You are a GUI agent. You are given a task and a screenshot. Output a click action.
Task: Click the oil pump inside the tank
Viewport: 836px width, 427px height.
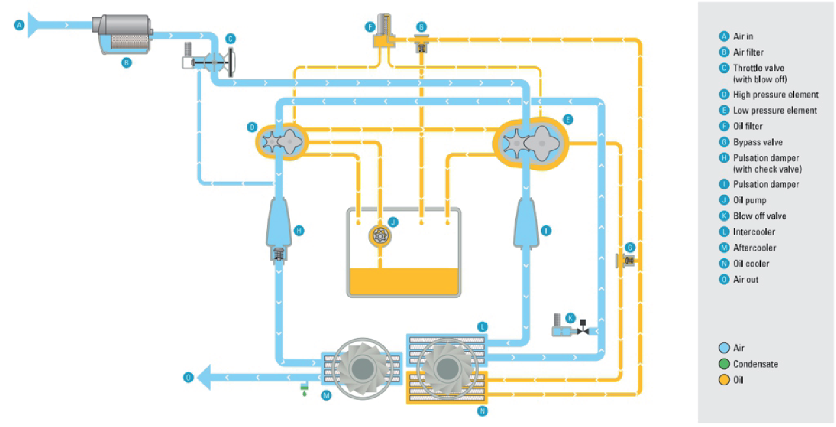(x=380, y=236)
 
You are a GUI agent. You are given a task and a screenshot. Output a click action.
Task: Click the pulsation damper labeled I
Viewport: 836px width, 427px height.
(x=526, y=222)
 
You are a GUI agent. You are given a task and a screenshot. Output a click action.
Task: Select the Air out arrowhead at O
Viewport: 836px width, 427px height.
(x=205, y=377)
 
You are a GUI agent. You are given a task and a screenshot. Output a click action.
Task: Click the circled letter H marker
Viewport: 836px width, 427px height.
(x=299, y=230)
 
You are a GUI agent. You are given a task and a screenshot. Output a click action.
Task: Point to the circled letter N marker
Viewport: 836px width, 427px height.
(x=482, y=411)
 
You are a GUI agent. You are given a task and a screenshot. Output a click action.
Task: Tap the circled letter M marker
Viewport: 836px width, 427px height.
(x=327, y=396)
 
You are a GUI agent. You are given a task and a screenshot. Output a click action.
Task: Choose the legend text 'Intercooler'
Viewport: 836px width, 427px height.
(x=754, y=232)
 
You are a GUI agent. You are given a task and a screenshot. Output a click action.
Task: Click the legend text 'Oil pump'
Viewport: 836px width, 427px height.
(x=749, y=200)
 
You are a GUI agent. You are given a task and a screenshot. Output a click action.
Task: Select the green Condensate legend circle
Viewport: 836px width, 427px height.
(x=724, y=364)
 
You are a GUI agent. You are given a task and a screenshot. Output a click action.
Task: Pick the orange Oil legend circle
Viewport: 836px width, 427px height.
(x=724, y=380)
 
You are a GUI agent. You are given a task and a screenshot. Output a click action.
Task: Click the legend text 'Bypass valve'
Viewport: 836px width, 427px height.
(x=758, y=142)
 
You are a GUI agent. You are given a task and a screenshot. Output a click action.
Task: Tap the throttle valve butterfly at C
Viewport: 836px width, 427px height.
(x=214, y=63)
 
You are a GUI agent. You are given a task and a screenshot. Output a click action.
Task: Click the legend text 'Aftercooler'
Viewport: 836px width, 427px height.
(x=755, y=248)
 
